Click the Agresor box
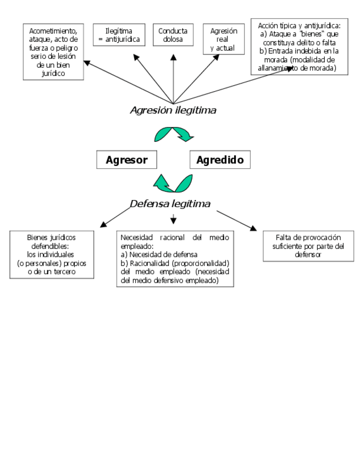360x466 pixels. (x=126, y=160)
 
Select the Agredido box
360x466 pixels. (x=220, y=160)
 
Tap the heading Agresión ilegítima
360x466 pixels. (x=173, y=110)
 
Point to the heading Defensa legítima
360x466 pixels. (x=170, y=204)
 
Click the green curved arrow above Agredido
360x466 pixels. (x=174, y=134)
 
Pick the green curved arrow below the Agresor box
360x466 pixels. (x=173, y=183)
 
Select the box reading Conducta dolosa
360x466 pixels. (x=173, y=36)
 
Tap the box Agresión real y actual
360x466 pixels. (x=223, y=39)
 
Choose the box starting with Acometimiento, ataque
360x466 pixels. (x=53, y=51)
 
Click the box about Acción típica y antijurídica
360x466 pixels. (x=299, y=47)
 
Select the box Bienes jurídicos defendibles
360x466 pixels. (x=52, y=254)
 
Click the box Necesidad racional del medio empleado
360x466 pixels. (x=175, y=259)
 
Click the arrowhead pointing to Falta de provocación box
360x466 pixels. (x=253, y=228)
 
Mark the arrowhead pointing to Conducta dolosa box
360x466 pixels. (x=173, y=55)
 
